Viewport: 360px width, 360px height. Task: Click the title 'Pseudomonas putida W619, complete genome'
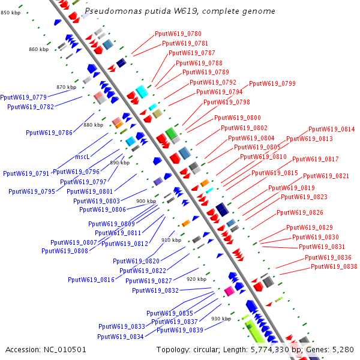point(180,11)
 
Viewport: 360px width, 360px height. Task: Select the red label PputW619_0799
point(272,83)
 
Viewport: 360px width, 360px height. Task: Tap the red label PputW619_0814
point(331,129)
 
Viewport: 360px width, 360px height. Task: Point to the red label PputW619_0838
point(334,266)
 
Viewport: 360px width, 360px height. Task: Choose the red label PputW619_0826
point(299,213)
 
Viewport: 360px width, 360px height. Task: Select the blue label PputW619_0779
point(23,97)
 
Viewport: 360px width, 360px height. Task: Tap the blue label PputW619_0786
point(49,133)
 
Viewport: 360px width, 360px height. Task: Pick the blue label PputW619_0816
point(91,280)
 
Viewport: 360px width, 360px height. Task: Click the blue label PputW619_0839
point(179,330)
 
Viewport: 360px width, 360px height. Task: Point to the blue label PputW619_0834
point(121,337)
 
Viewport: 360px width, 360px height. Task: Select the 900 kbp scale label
point(146,202)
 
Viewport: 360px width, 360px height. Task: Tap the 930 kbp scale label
point(221,319)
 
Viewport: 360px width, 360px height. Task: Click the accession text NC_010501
point(64,349)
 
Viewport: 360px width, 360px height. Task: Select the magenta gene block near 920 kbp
point(229,291)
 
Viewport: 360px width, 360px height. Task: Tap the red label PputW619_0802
point(244,128)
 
